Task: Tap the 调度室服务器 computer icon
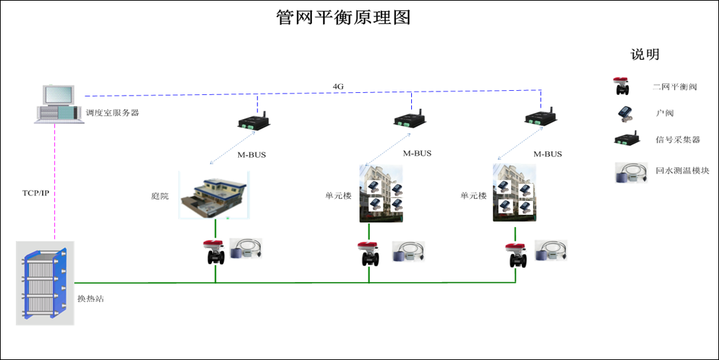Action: [59, 104]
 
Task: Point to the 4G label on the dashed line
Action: [338, 86]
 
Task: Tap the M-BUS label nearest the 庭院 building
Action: [251, 155]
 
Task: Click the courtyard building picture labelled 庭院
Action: [213, 195]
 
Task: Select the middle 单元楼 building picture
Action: [381, 193]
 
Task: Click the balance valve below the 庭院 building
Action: [215, 253]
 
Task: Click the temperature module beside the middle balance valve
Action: [408, 251]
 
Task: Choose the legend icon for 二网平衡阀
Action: [623, 86]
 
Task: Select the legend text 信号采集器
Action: [678, 140]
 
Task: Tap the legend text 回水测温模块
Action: [682, 171]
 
